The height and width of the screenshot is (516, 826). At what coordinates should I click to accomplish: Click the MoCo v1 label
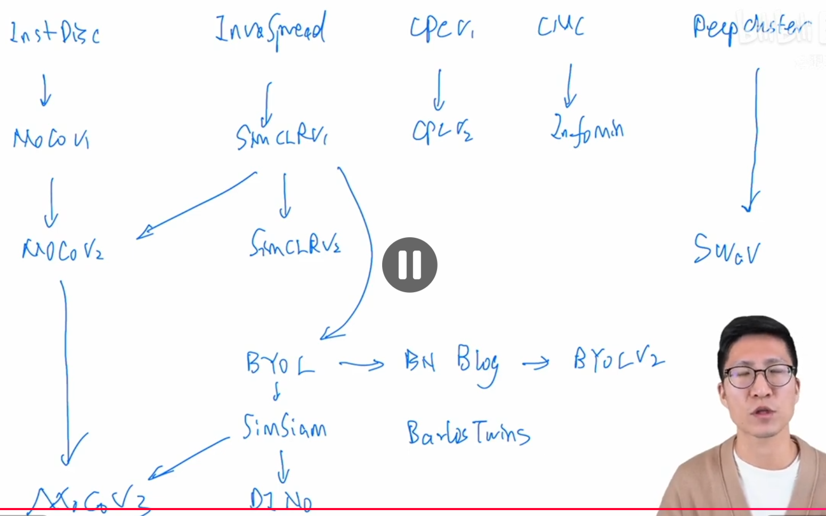point(51,139)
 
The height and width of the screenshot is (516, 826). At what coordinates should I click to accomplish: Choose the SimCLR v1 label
point(281,136)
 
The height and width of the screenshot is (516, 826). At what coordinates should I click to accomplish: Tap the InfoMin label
point(587,131)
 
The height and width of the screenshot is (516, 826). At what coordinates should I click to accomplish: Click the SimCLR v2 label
point(295,244)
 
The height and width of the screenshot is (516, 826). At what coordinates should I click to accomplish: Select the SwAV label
point(726,249)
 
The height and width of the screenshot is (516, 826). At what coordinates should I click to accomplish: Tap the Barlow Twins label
point(468,433)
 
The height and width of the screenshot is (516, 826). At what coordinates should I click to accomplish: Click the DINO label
point(281,500)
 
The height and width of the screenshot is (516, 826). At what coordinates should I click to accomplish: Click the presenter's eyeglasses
point(757,376)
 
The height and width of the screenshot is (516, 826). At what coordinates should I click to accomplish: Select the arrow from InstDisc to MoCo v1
point(45,91)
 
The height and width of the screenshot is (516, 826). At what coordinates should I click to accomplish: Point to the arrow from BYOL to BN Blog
point(362,365)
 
